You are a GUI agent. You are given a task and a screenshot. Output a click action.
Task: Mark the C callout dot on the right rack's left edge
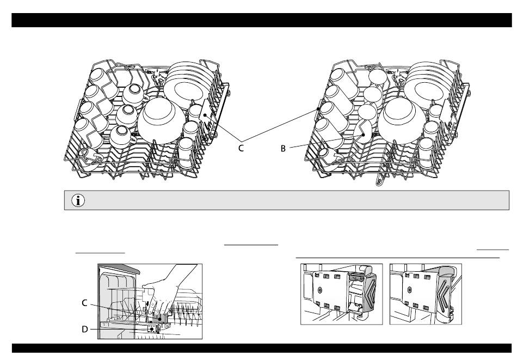[x=318, y=109]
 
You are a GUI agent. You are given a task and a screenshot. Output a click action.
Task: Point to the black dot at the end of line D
[x=151, y=329]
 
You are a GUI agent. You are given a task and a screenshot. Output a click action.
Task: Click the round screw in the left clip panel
[x=321, y=289]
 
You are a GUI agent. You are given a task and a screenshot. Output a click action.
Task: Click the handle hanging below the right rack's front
[x=377, y=180]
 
